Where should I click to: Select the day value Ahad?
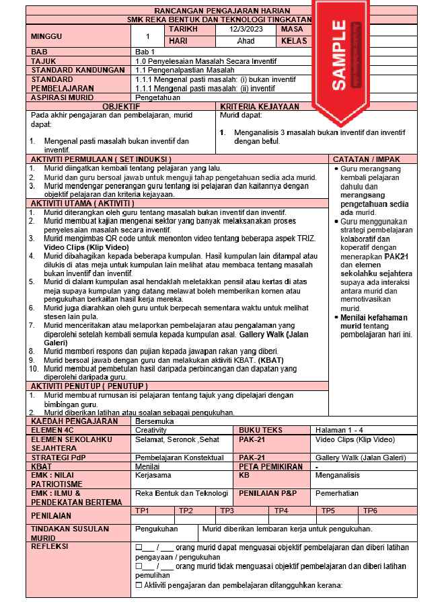pos(246,40)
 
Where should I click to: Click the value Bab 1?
pos(145,52)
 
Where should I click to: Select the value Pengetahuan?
pos(157,97)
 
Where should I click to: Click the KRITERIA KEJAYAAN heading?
pos(259,106)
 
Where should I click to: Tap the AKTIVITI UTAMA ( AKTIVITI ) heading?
pos(83,203)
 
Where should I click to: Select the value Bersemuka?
pos(155,421)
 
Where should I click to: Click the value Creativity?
pos(151,430)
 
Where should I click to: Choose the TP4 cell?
pos(281,511)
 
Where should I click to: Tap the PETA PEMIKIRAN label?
pos(271,466)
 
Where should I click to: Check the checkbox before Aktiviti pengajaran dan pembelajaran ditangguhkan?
pos(138,584)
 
